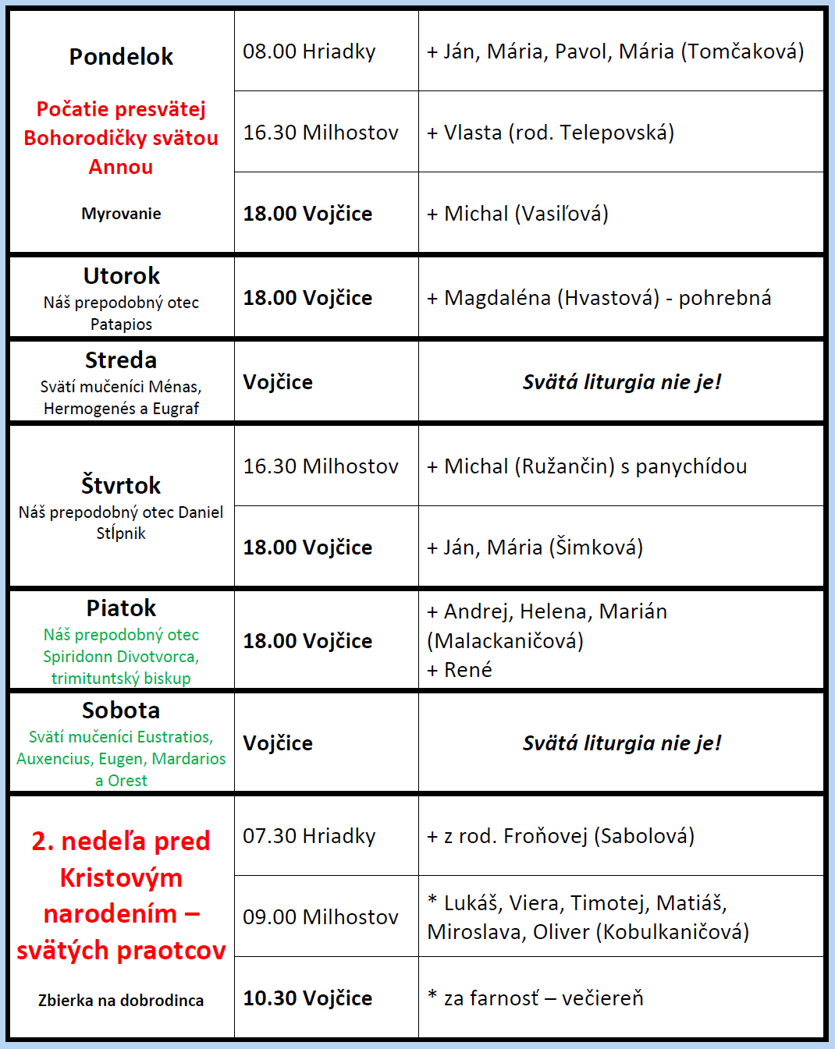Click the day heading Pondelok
point(121,57)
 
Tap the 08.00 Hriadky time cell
point(309,51)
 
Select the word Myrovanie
point(121,214)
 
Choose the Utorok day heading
point(121,276)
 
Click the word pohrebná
point(725,298)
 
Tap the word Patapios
point(121,324)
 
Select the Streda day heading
point(121,360)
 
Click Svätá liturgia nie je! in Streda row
point(622,382)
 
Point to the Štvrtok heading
point(121,485)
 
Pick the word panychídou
point(691,466)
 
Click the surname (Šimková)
point(596,548)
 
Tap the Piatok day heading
point(121,608)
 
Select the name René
point(468,670)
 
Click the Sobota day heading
point(121,711)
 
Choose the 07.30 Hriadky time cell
point(309,836)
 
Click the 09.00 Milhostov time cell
point(321,917)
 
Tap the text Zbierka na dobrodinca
point(121,1001)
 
